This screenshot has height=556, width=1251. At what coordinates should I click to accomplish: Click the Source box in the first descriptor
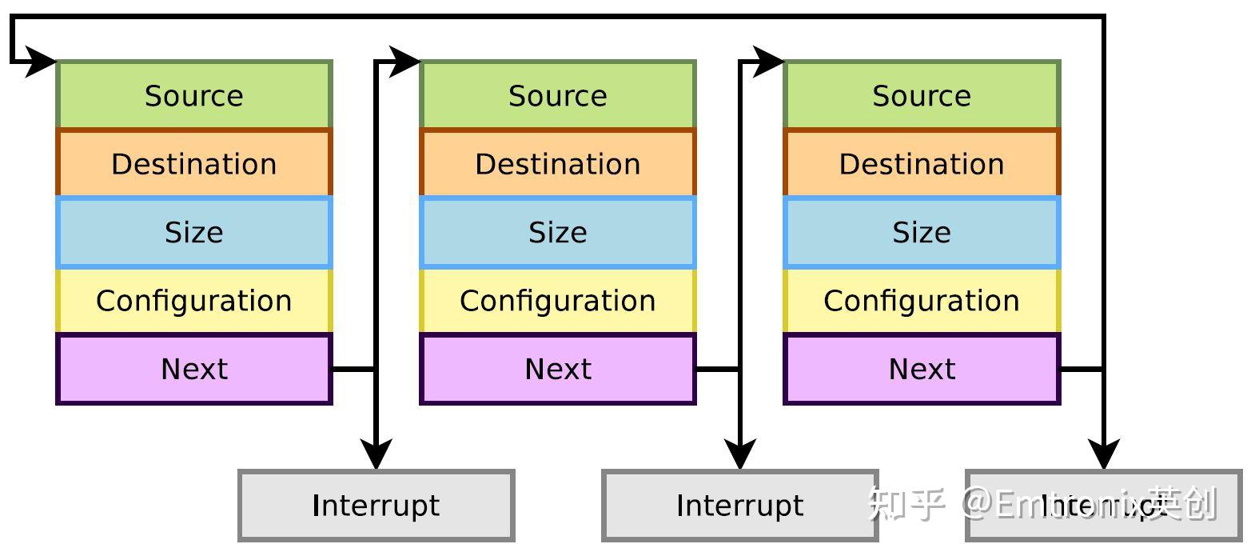[193, 95]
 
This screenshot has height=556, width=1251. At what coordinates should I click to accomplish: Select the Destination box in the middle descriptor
[557, 164]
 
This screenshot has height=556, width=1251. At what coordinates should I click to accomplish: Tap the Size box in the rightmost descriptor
[921, 232]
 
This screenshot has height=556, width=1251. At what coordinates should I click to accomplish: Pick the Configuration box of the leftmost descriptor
[193, 301]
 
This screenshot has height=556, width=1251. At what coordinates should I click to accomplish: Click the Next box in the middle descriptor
[557, 369]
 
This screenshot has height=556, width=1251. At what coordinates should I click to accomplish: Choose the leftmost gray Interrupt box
[376, 506]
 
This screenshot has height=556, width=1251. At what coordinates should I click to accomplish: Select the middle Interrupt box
[739, 506]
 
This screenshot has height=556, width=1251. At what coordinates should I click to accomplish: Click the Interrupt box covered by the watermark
[1103, 506]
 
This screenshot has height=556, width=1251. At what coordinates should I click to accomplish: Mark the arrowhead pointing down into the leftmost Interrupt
[376, 454]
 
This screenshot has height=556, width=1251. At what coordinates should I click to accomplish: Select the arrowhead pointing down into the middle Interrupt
[739, 454]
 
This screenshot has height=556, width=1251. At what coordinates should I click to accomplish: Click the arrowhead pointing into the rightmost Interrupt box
[1103, 454]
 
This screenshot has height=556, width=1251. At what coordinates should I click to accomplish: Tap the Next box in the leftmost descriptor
[193, 369]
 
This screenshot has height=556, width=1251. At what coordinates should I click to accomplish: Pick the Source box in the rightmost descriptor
[921, 95]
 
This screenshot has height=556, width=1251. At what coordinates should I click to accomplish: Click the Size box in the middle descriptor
[557, 232]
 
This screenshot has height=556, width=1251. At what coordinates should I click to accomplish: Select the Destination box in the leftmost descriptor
[193, 164]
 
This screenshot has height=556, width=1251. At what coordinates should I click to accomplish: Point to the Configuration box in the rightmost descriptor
[921, 301]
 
